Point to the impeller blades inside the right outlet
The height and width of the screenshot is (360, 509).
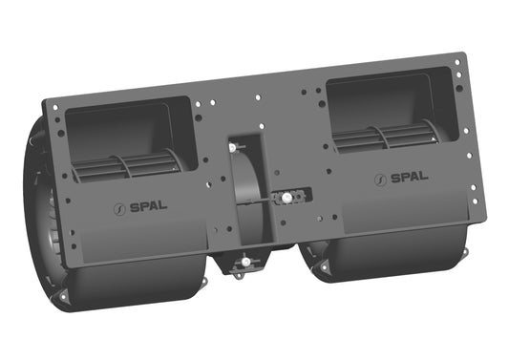387,138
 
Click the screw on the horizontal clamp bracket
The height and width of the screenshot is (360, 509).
286,198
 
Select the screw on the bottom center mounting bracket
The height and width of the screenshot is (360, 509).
245,262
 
